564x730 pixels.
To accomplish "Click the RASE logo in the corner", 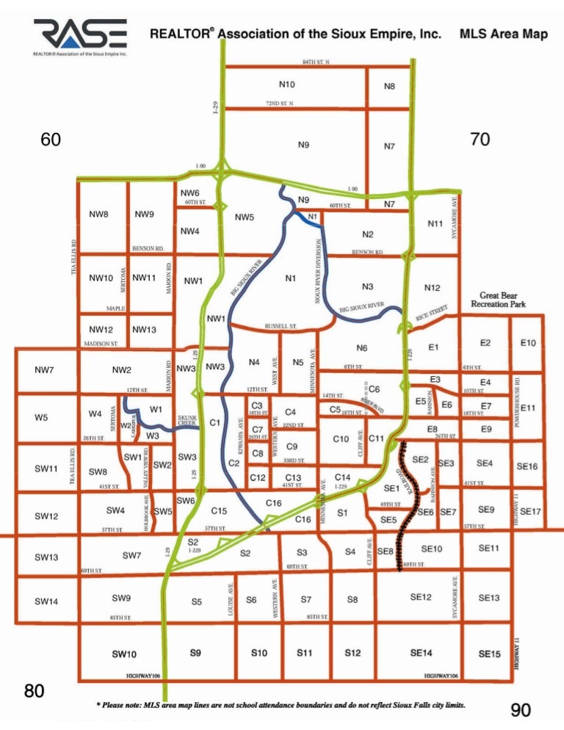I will click(x=80, y=37).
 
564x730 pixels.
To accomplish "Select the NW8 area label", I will click(x=99, y=215).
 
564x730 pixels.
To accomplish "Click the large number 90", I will click(x=520, y=709).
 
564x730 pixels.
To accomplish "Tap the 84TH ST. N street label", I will click(x=317, y=62).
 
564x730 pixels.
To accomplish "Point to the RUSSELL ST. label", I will click(x=280, y=325).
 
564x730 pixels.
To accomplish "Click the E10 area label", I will click(x=528, y=343).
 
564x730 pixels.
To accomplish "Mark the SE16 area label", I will click(x=527, y=466).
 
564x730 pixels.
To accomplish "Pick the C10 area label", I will click(x=340, y=439).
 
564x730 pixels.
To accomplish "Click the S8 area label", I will click(x=352, y=600).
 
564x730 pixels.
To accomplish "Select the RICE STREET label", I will click(x=432, y=314).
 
